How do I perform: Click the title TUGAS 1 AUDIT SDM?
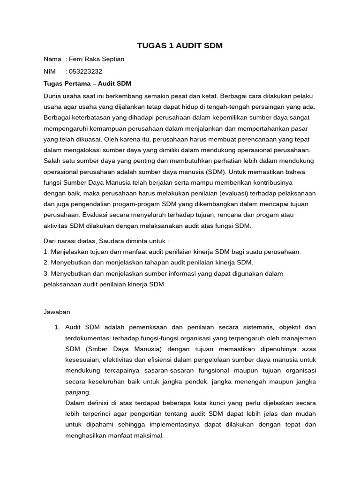pyautogui.click(x=180, y=45)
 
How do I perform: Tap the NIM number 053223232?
pyautogui.click(x=85, y=71)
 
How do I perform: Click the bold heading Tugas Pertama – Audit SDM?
pyautogui.click(x=87, y=83)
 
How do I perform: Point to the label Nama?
pyautogui.click(x=52, y=59)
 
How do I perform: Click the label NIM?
pyautogui.click(x=49, y=71)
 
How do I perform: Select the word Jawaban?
pyautogui.click(x=57, y=311)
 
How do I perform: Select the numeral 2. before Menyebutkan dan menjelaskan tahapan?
pyautogui.click(x=45, y=262)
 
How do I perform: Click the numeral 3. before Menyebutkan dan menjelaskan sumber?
pyautogui.click(x=45, y=273)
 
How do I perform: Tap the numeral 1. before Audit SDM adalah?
pyautogui.click(x=58, y=327)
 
